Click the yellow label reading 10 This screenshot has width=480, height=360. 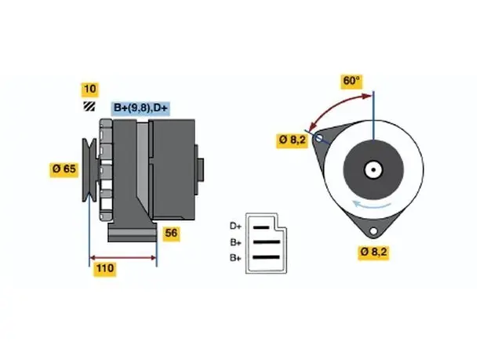(89, 89)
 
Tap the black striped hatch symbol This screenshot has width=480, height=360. (89, 106)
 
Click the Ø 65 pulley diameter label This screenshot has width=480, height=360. (64, 169)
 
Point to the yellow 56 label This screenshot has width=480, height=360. (171, 234)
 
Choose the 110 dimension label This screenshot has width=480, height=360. (105, 268)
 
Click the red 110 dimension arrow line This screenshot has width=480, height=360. (123, 257)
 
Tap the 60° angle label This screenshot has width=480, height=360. (351, 81)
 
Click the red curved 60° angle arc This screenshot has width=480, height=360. (333, 106)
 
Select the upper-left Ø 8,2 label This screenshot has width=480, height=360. (292, 140)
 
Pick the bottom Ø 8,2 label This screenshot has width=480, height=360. (373, 253)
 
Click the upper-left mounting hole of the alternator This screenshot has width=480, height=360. (318, 138)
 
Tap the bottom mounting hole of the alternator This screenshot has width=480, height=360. (373, 231)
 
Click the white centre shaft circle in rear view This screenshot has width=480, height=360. (373, 169)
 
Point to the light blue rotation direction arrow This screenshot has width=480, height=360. (371, 205)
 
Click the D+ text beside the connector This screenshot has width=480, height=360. (235, 226)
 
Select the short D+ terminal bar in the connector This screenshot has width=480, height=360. (261, 227)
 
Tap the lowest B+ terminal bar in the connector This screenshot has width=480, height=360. (267, 257)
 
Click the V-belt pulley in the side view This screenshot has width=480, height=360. (89, 170)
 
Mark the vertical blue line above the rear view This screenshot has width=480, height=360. (373, 116)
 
